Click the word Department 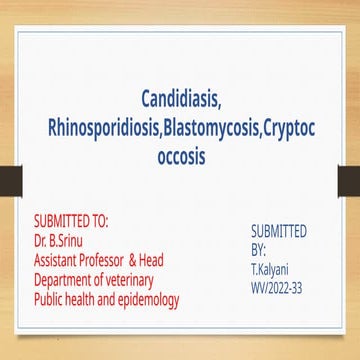(67, 280)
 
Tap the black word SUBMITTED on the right (279, 231)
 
